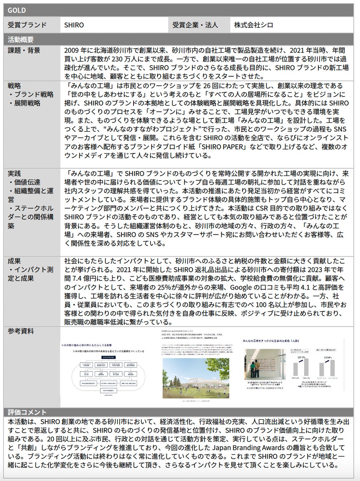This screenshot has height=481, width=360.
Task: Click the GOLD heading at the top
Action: point(17,10)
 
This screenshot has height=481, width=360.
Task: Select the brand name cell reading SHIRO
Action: point(74,25)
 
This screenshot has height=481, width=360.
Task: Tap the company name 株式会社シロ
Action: point(254,25)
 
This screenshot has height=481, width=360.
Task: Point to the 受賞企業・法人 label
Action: point(195,25)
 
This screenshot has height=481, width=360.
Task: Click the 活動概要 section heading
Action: point(21,39)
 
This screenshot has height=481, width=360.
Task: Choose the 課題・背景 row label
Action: point(24,50)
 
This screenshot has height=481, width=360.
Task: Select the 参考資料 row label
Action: point(21,331)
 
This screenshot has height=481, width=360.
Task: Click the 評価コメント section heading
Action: point(27,412)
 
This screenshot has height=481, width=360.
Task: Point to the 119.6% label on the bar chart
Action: point(327,357)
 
